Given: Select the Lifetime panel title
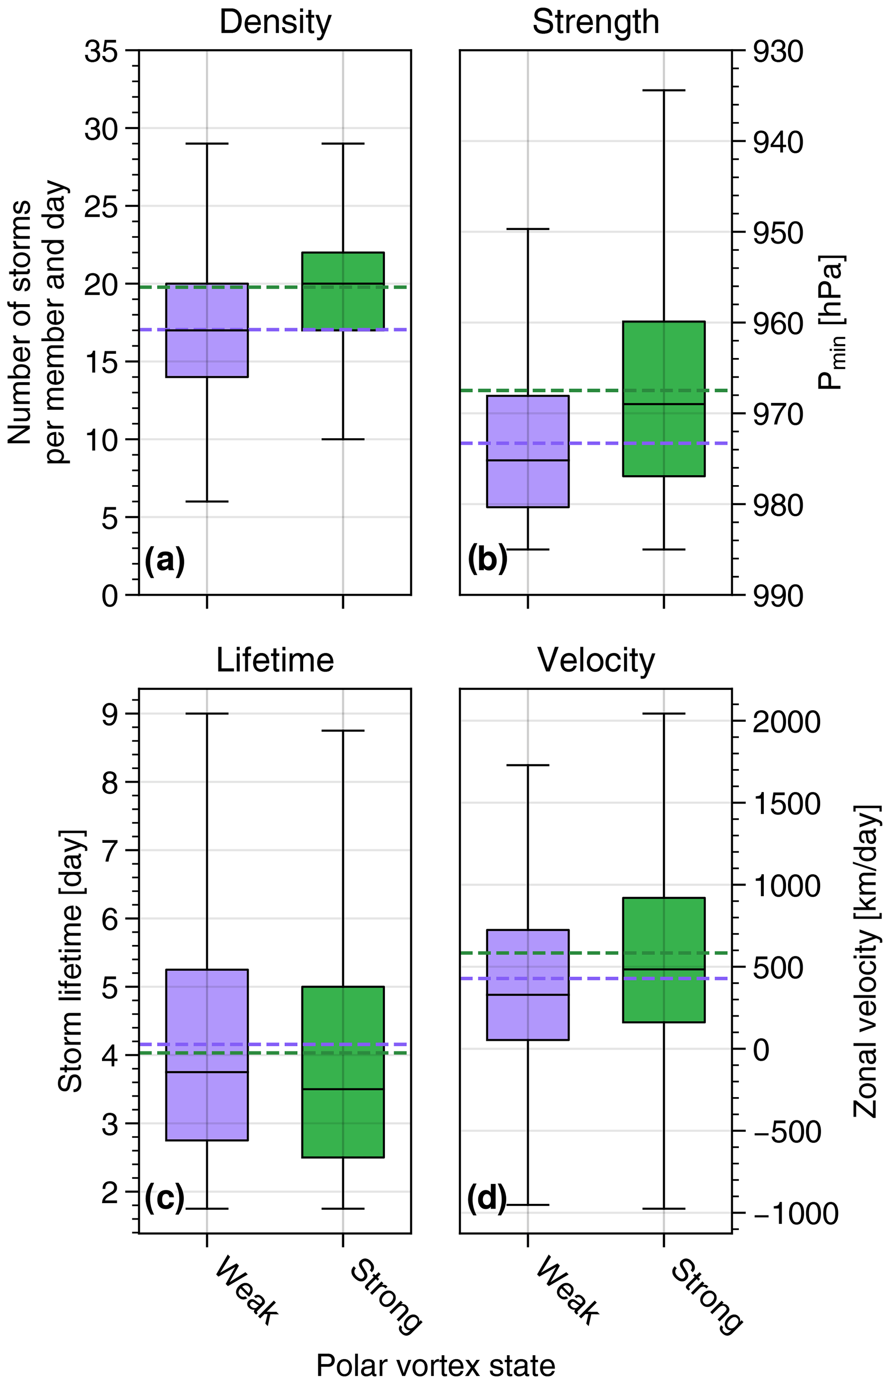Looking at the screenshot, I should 275,661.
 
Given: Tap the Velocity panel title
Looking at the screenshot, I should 596,661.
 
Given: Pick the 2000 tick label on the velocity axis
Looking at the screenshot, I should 786,722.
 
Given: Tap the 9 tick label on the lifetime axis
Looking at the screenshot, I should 110,714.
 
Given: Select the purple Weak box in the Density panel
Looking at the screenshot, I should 207,330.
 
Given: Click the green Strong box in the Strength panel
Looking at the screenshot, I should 664,399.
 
